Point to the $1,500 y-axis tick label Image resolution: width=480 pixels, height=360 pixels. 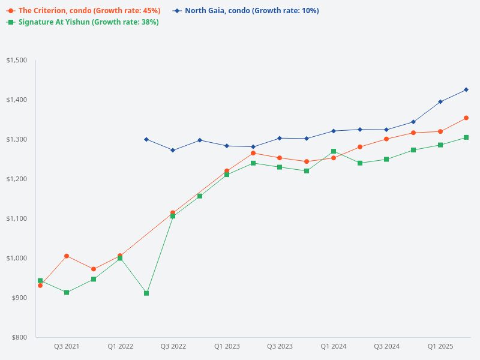[16, 60]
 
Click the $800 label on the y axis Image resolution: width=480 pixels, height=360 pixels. [18, 337]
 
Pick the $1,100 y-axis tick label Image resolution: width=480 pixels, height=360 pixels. [16, 218]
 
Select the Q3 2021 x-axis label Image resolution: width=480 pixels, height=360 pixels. [67, 347]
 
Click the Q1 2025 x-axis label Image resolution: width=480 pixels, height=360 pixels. [440, 347]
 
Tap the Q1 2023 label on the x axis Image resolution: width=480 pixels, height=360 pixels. [227, 347]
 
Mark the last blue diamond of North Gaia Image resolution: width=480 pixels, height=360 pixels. [466, 90]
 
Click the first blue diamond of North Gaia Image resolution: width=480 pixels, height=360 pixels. [146, 139]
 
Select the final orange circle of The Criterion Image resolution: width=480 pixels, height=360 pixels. [466, 118]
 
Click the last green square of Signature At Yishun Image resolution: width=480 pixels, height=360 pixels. [466, 137]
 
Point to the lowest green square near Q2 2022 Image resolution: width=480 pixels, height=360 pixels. [146, 293]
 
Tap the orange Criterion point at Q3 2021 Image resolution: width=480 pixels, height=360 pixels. [67, 256]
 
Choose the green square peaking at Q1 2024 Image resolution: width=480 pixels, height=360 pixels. [334, 152]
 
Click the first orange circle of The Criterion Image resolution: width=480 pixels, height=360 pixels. [40, 286]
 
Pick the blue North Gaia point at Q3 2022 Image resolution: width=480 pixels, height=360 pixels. [173, 150]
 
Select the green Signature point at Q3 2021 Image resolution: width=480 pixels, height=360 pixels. [67, 293]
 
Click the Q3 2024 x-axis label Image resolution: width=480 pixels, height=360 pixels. [387, 347]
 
